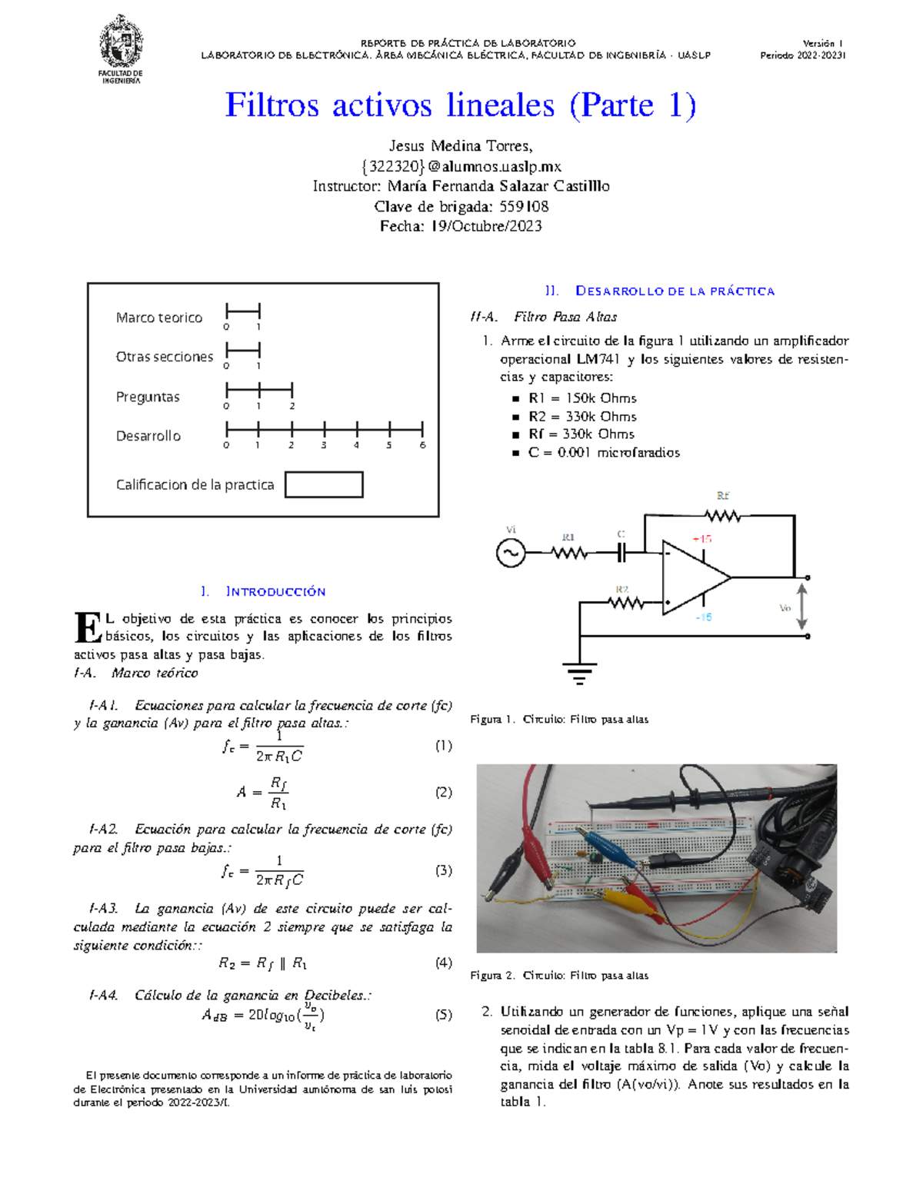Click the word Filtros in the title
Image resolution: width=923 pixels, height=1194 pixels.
272,105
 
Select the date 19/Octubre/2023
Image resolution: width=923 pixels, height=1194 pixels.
486,226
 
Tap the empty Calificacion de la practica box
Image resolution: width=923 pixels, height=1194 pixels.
324,484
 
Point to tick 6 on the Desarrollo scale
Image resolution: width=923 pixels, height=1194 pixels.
422,429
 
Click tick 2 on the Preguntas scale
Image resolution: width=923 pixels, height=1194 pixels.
292,390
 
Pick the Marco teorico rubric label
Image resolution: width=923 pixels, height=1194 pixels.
159,318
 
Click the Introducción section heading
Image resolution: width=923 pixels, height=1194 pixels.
275,591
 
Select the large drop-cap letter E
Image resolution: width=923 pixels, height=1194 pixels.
88,627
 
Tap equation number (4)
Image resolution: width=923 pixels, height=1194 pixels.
443,963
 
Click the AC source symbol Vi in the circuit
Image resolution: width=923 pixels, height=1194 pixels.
511,553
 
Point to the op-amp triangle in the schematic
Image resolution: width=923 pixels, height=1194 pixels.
692,577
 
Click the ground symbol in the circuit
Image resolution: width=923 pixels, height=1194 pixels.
579,673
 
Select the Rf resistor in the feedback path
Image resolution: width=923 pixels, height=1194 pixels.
722,515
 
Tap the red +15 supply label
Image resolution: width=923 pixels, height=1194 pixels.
701,539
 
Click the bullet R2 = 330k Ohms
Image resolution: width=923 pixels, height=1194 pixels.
582,416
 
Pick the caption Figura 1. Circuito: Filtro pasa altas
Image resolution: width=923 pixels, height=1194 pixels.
559,720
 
